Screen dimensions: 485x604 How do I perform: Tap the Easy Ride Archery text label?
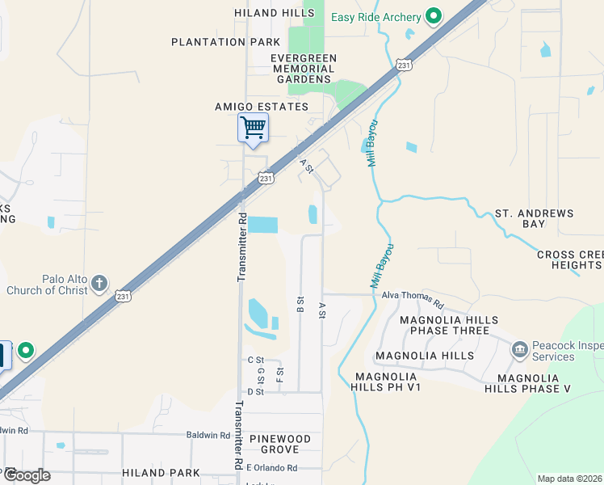(376, 17)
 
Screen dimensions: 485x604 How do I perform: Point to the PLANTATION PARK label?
(226, 42)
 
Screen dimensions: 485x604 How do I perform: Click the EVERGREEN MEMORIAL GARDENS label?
(303, 69)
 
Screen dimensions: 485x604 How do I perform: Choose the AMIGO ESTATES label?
(262, 107)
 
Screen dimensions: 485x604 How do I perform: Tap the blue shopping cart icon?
(254, 128)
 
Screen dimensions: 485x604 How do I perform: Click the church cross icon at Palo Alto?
(99, 284)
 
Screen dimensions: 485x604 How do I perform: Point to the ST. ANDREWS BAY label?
(534, 218)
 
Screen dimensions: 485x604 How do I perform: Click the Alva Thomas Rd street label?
(413, 300)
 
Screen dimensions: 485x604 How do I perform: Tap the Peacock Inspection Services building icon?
(519, 350)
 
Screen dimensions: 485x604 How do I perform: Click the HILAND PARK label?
(161, 472)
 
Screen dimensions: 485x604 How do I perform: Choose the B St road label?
(300, 304)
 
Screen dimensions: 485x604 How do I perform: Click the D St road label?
(256, 392)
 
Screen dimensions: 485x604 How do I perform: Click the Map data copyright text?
(569, 479)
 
